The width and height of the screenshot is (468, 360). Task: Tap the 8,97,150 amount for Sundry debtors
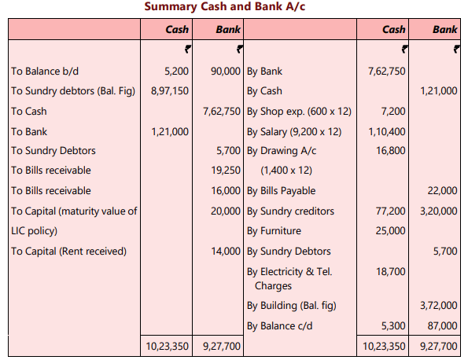pyautogui.click(x=169, y=91)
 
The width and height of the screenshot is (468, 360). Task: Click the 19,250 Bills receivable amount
pyautogui.click(x=227, y=170)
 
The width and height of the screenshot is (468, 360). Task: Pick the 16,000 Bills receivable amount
pyautogui.click(x=227, y=190)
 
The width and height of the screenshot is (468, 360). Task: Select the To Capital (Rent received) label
pyautogui.click(x=68, y=252)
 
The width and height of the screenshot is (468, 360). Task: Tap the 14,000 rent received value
pyautogui.click(x=227, y=252)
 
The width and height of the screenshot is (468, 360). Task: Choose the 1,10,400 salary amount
pyautogui.click(x=387, y=132)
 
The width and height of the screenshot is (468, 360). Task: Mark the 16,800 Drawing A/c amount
pyautogui.click(x=391, y=150)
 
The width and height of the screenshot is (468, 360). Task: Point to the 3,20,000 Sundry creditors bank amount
pyautogui.click(x=438, y=211)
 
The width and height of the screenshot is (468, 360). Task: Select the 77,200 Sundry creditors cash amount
pyautogui.click(x=391, y=211)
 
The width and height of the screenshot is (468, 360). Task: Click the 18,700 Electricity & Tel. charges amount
pyautogui.click(x=391, y=272)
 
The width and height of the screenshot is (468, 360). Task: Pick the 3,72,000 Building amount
pyautogui.click(x=438, y=305)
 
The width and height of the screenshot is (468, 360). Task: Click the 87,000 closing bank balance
pyautogui.click(x=443, y=325)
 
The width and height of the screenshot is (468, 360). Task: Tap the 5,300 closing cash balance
pyautogui.click(x=394, y=325)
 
